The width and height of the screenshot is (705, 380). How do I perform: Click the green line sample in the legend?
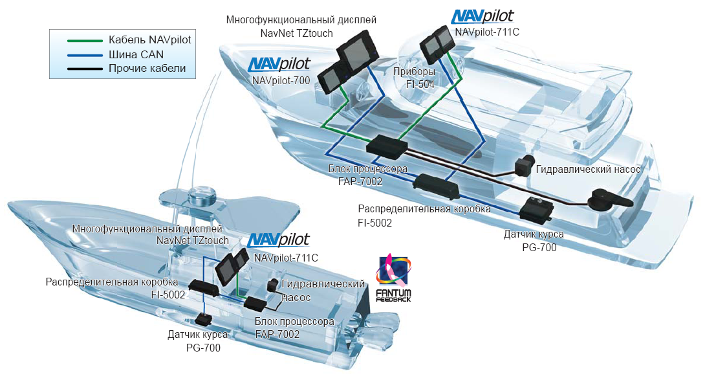tap(85, 41)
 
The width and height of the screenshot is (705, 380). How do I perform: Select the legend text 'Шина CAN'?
tap(136, 54)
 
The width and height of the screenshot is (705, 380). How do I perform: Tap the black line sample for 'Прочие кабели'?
tap(85, 69)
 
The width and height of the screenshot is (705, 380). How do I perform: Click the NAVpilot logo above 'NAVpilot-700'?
tap(279, 64)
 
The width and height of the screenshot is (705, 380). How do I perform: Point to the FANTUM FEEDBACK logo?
tap(393, 278)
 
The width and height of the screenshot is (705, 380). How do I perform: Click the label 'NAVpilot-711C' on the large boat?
tap(487, 32)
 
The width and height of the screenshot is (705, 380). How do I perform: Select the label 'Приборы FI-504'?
tap(414, 78)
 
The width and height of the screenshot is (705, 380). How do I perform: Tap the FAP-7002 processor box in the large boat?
tap(387, 147)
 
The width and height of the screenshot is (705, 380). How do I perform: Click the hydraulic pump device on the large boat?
tap(525, 166)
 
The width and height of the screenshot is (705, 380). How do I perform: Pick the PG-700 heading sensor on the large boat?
tap(536, 209)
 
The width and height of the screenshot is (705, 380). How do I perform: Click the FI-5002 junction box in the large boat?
tap(436, 185)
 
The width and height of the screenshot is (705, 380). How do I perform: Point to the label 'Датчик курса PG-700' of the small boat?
tap(198, 341)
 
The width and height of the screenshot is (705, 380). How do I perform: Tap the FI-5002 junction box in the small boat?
tap(204, 287)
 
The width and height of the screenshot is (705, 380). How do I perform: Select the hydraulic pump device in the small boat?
tap(273, 285)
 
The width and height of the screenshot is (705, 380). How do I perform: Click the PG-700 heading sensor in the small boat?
tap(204, 320)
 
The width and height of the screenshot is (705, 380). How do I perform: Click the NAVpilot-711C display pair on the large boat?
tap(436, 43)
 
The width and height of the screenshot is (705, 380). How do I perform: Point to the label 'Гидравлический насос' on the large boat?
tap(588, 170)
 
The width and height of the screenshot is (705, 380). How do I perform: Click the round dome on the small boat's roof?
tap(202, 194)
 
